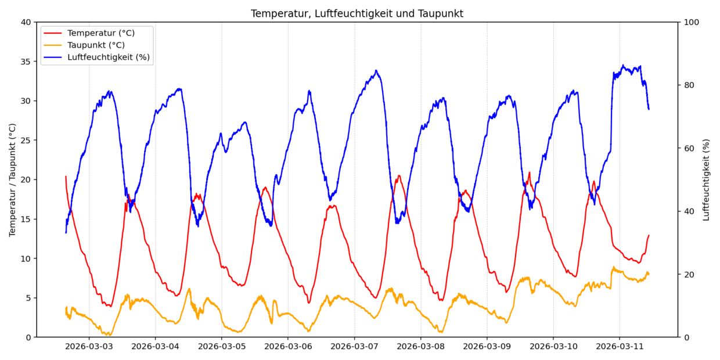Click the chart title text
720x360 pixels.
[x=357, y=13]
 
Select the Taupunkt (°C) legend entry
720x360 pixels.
[x=96, y=45]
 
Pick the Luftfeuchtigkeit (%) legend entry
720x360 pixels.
[x=108, y=57]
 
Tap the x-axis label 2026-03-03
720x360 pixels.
[x=89, y=347]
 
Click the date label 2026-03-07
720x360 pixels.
[x=354, y=347]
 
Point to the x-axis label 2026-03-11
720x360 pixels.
[x=619, y=347]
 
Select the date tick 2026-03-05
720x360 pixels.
[x=221, y=347]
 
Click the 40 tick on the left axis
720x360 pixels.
[x=26, y=22]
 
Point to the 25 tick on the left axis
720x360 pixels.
[x=26, y=141]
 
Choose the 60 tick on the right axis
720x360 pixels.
[x=689, y=148]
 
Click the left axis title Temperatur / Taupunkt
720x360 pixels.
[x=12, y=179]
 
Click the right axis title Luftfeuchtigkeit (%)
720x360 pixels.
[x=707, y=179]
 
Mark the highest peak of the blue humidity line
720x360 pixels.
[x=623, y=65]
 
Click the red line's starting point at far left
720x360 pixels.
[x=66, y=176]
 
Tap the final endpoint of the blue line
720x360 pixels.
[x=649, y=109]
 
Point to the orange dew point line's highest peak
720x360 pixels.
[x=613, y=267]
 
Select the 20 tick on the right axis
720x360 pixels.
[x=689, y=274]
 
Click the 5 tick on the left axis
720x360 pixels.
[x=28, y=298]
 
